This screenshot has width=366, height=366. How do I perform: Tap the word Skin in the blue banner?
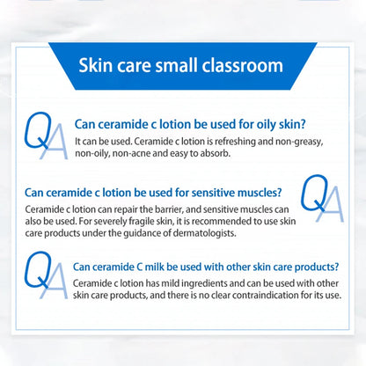(x=96, y=65)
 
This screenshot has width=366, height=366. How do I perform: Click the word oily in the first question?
(x=267, y=124)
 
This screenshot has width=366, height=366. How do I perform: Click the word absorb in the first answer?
(x=216, y=153)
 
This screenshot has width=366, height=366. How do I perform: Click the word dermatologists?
(x=204, y=233)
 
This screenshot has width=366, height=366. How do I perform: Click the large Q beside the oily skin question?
(x=37, y=130)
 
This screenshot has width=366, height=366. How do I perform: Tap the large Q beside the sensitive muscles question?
(x=314, y=194)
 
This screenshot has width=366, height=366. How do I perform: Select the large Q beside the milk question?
(x=37, y=270)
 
